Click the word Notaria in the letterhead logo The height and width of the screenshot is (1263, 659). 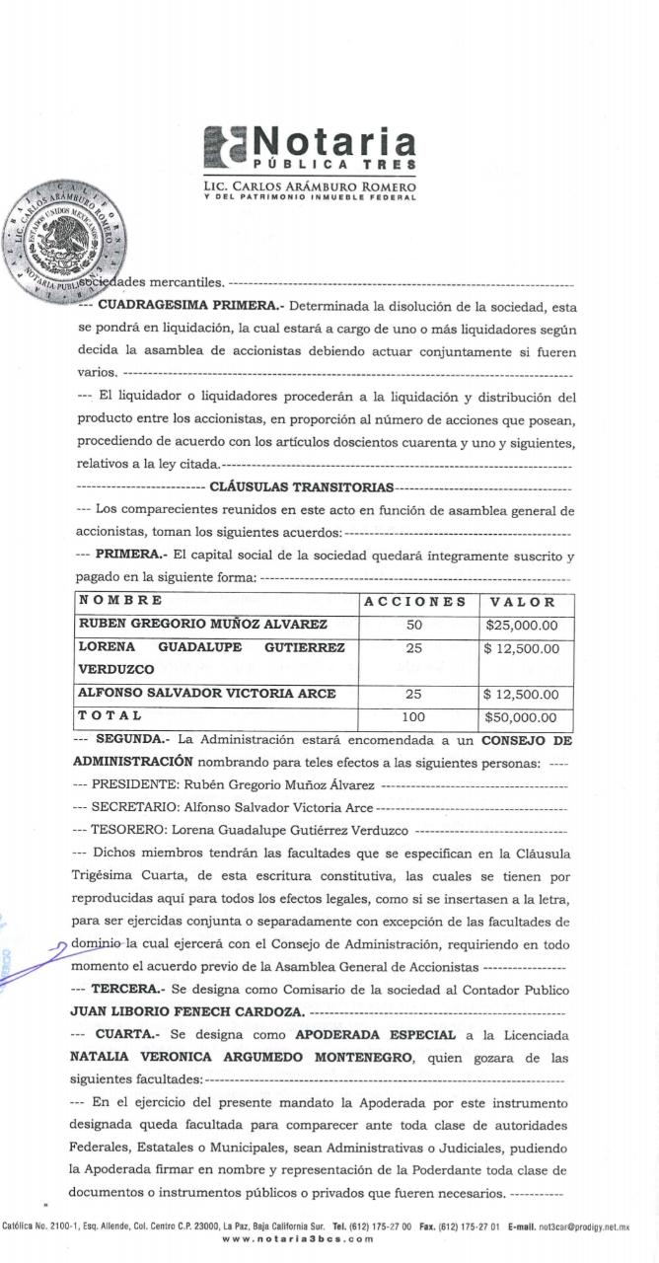click(334, 140)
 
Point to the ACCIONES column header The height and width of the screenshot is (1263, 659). click(414, 601)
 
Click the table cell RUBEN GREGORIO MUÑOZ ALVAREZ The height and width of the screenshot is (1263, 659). click(202, 625)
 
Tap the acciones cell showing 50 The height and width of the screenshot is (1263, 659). click(414, 625)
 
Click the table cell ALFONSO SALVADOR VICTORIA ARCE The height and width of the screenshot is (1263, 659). click(206, 694)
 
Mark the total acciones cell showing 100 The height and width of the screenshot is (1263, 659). click(414, 717)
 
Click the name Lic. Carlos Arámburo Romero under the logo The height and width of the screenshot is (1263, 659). click(309, 186)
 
